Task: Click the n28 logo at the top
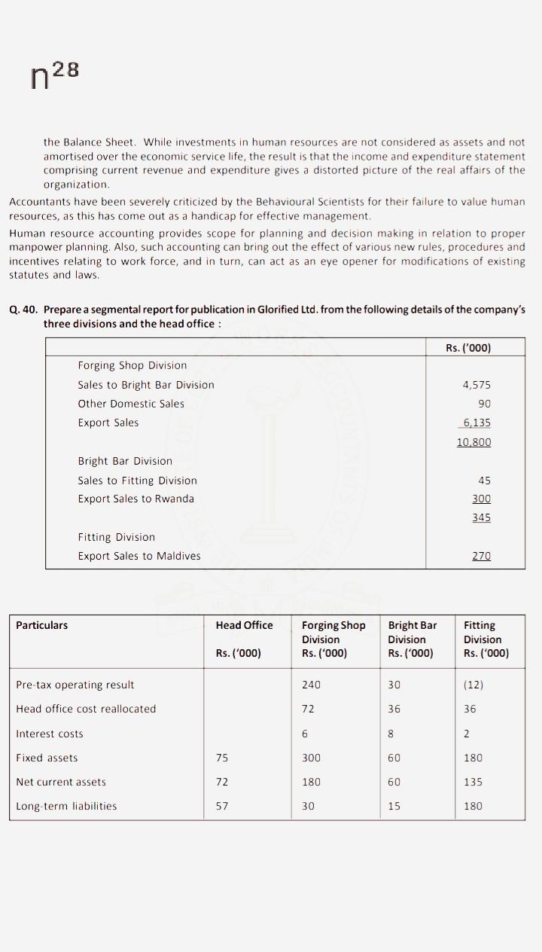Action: [54, 76]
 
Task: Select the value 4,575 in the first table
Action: [477, 385]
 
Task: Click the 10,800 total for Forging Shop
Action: [473, 442]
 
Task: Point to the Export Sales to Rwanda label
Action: [135, 499]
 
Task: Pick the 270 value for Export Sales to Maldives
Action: [481, 556]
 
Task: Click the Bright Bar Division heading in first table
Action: [125, 461]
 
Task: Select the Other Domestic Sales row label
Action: [131, 404]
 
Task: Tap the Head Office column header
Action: [244, 625]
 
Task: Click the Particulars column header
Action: [42, 625]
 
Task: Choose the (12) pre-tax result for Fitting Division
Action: [473, 685]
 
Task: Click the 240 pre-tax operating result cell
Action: [311, 685]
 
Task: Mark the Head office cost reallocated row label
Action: [86, 709]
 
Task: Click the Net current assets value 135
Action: [473, 782]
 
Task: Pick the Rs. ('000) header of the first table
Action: [473, 347]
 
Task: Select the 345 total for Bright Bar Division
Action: [481, 517]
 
